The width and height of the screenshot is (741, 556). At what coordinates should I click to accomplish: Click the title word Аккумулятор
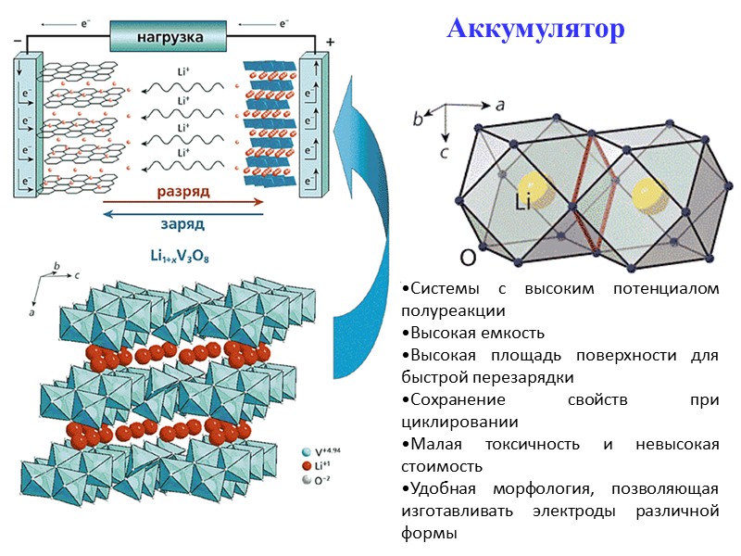pos(535,30)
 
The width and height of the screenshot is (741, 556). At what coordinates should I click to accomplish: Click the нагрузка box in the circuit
pos(168,39)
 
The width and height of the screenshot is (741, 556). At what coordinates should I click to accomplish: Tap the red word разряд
pos(182,191)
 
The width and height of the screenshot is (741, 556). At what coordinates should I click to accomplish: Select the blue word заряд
pos(182,223)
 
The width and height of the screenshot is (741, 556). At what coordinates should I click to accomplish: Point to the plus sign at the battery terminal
pos(331,42)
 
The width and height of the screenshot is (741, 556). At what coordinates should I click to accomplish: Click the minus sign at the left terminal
pos(18,41)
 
